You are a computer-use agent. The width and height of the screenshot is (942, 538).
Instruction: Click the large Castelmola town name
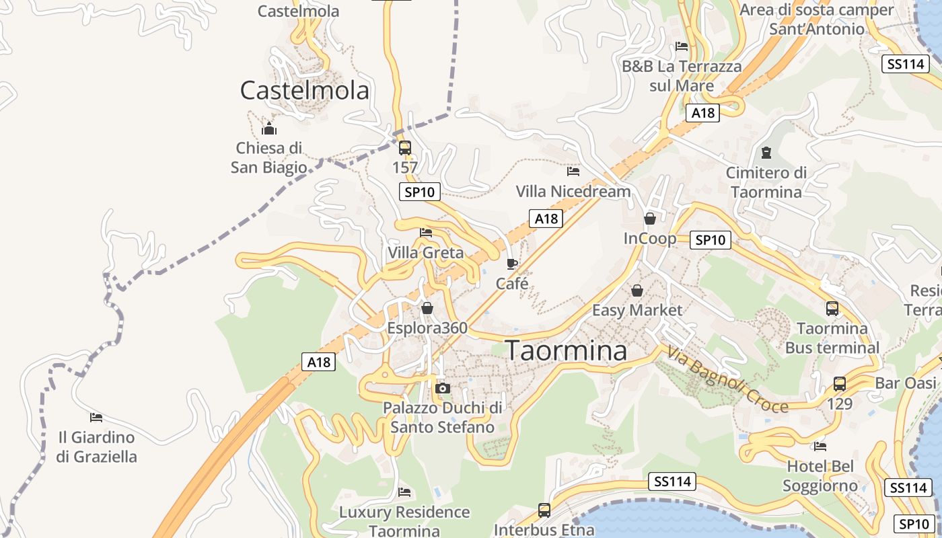point(305,90)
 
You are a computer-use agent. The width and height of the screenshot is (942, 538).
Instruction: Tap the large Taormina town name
point(566,350)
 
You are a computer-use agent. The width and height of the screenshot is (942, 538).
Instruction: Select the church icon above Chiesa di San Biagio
point(269,128)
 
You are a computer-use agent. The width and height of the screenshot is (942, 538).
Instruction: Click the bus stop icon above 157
point(404,148)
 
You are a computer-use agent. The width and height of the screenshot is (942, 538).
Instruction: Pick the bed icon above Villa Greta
point(426,233)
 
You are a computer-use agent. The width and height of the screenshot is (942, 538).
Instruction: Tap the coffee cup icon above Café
point(512,263)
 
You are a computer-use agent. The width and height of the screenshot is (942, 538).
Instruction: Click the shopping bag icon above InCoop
point(650,219)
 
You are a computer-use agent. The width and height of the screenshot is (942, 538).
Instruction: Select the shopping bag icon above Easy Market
point(637,291)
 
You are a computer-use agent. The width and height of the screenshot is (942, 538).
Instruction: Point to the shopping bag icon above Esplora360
point(427,309)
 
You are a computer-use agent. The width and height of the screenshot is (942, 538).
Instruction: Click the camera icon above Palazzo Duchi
point(442,388)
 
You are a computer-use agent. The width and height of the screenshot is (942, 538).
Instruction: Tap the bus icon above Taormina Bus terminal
point(832,309)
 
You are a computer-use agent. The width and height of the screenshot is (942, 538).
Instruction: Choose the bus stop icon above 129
point(840,384)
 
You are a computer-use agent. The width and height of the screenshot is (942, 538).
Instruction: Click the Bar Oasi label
point(906,383)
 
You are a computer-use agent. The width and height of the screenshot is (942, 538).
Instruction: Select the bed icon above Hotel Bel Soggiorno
point(820,446)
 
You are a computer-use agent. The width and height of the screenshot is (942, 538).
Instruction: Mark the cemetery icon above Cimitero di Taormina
point(766,153)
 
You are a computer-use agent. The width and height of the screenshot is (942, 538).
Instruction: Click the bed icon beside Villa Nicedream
point(573,172)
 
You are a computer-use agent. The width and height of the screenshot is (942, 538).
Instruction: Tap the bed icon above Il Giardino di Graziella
point(96,418)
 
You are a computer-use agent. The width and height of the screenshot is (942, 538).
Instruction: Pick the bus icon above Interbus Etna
point(544,510)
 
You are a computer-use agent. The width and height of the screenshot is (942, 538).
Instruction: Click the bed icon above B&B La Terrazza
point(682,46)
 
